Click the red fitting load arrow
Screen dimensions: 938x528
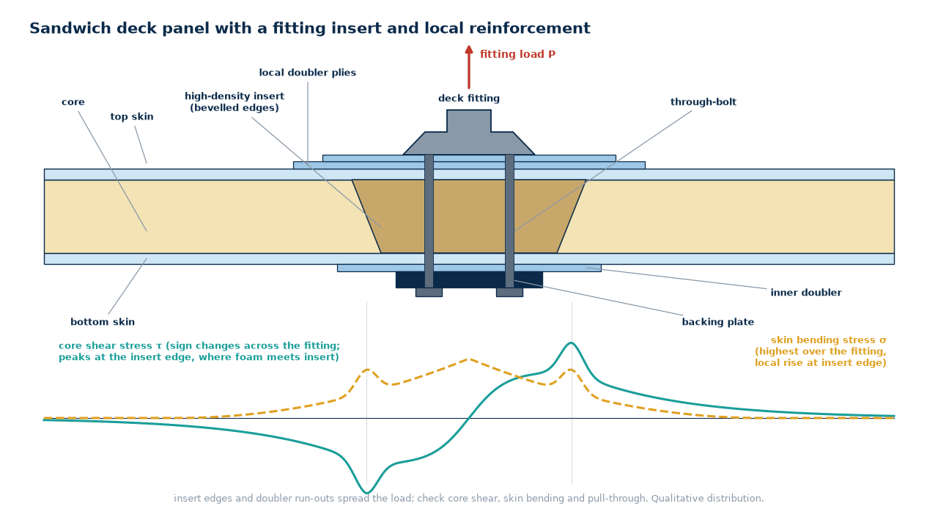pyautogui.click(x=469, y=67)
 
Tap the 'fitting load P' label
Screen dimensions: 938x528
pyautogui.click(x=517, y=54)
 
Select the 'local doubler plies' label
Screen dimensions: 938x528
pyautogui.click(x=307, y=73)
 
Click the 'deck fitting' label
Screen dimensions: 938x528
pyautogui.click(x=469, y=98)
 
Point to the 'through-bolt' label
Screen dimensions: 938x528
pyautogui.click(x=703, y=102)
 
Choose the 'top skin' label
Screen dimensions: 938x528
pyautogui.click(x=132, y=117)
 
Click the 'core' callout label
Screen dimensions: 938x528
pyautogui.click(x=73, y=102)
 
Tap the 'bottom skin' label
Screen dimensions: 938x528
pyautogui.click(x=103, y=322)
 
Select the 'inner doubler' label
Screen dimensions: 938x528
pyautogui.click(x=805, y=293)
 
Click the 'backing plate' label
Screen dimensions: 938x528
pyautogui.click(x=717, y=322)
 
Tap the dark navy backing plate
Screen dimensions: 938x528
pyautogui.click(x=469, y=279)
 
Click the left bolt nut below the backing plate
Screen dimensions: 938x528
pyautogui.click(x=429, y=293)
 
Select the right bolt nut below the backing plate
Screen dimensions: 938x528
pyautogui.click(x=509, y=293)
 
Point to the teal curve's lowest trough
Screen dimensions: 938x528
pyautogui.click(x=367, y=492)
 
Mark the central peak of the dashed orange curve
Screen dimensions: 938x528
pyautogui.click(x=469, y=359)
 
